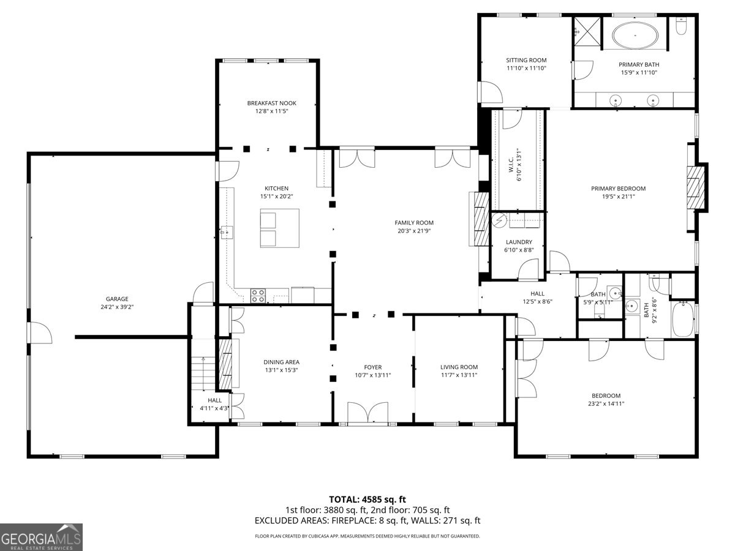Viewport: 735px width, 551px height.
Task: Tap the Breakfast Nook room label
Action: coord(271,103)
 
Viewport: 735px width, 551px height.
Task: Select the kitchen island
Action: coord(279,228)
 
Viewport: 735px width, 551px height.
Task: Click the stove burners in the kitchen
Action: coord(258,296)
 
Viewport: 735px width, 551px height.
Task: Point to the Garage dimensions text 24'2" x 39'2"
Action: coord(117,307)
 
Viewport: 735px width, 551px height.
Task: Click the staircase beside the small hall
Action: coord(203,373)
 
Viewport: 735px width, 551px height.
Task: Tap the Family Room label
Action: coord(414,222)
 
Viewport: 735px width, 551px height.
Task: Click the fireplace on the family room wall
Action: coord(479,219)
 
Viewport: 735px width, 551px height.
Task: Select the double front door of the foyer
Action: coord(367,413)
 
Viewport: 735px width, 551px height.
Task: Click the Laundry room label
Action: coord(519,242)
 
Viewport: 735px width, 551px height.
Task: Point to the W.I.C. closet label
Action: coord(511,165)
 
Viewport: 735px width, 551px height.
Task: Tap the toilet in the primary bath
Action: coord(681,26)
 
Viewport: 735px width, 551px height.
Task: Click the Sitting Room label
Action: coord(526,60)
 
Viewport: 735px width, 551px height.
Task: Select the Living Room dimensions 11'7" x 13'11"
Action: coord(459,375)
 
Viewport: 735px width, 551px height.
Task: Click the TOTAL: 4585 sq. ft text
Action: coord(367,499)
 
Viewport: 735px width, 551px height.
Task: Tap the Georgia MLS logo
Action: coord(41,537)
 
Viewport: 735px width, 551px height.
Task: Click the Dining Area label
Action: coord(281,362)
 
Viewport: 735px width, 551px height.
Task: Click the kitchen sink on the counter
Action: coord(227,232)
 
